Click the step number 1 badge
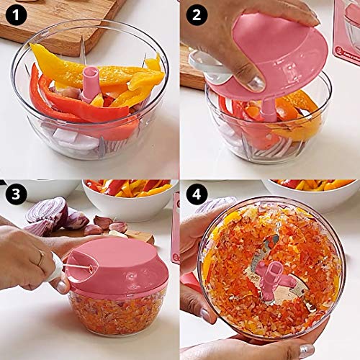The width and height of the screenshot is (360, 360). [15, 13]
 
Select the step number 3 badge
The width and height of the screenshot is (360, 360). [15, 194]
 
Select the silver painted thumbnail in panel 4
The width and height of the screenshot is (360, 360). [307, 350]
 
